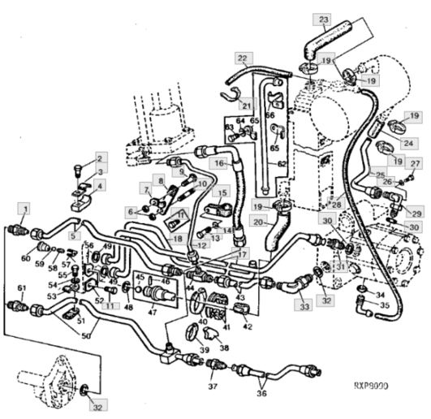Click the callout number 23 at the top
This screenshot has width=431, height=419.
[x=324, y=19]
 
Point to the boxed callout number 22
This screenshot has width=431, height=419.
[x=242, y=58]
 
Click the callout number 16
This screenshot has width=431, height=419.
[x=218, y=163]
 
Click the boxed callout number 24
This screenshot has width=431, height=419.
[x=407, y=144]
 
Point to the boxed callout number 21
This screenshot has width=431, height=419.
[x=244, y=104]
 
